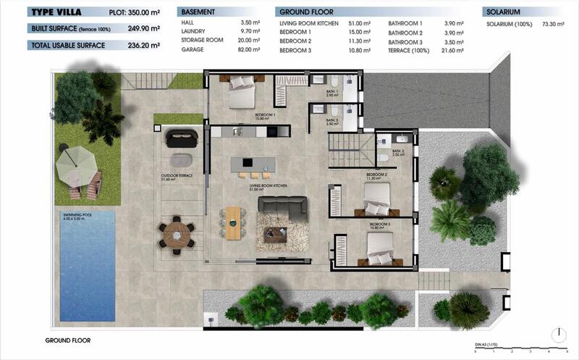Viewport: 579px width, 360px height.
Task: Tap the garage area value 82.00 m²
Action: click(248, 50)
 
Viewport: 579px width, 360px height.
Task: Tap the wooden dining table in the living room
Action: click(233, 223)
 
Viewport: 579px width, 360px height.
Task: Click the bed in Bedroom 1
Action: click(240, 93)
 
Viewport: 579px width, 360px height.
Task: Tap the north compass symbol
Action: click(559, 335)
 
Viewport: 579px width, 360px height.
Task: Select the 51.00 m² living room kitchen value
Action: click(360, 24)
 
